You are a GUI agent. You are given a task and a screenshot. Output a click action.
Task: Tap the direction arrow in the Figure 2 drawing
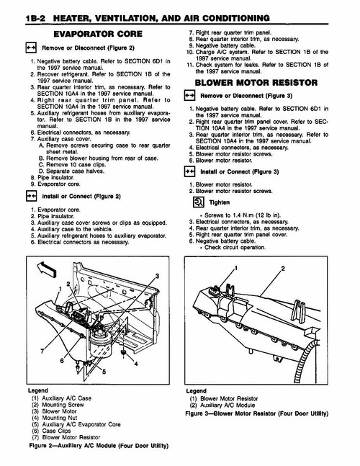[45, 271]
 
